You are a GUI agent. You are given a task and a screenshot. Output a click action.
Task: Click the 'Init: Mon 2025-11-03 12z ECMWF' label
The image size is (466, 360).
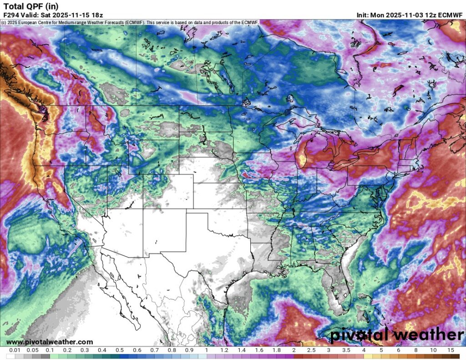pyautogui.click(x=410, y=15)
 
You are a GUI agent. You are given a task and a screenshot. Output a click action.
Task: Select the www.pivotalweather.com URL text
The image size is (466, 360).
pyautogui.click(x=50, y=342)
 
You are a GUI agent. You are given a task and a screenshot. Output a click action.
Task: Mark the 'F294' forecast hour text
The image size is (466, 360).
pyautogui.click(x=10, y=15)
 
